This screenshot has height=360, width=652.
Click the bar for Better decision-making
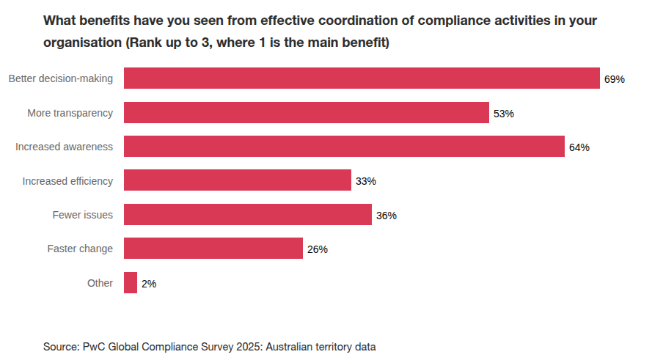tap(362, 78)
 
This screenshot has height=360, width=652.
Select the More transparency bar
tap(306, 113)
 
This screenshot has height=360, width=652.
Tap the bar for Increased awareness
tap(344, 147)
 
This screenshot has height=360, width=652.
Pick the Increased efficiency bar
tap(237, 180)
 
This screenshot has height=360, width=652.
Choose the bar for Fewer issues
tap(247, 215)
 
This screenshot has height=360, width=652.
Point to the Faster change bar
tap(213, 249)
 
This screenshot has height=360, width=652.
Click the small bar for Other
tap(131, 283)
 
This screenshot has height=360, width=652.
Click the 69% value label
tap(615, 79)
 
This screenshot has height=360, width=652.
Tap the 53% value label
tap(504, 114)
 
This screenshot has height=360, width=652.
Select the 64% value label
tap(579, 147)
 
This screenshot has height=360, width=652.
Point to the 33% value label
tap(366, 181)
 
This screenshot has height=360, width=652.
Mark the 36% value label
tap(387, 216)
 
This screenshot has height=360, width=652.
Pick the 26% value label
tap(318, 249)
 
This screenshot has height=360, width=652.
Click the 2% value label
tap(149, 284)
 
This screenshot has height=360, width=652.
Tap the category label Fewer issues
tap(83, 215)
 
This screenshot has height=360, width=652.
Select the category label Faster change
tap(80, 249)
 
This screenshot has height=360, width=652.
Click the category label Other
tap(100, 283)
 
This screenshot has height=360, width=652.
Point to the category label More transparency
tap(70, 113)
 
